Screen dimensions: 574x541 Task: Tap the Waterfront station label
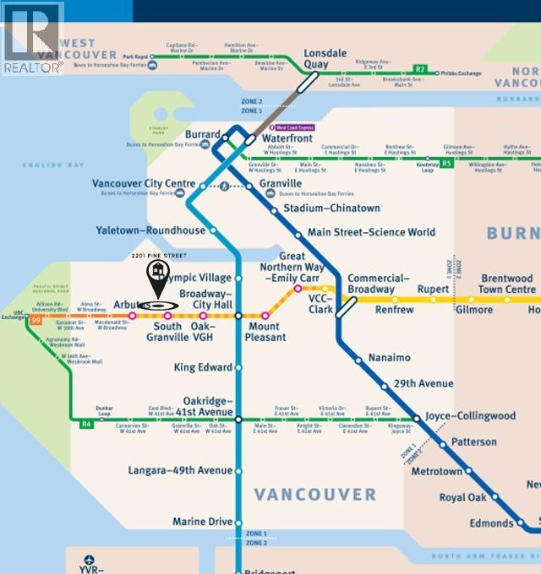click(287, 138)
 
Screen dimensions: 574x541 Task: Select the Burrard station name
click(203, 134)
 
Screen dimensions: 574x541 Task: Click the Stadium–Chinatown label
click(331, 208)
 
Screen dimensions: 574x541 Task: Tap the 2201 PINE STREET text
click(159, 255)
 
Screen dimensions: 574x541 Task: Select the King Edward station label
click(202, 368)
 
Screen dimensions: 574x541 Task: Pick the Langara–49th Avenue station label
click(180, 470)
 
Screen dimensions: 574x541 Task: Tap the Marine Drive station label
click(202, 522)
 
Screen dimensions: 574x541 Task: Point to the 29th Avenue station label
click(424, 383)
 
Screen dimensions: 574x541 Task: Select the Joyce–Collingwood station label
click(469, 416)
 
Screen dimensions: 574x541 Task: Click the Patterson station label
click(473, 442)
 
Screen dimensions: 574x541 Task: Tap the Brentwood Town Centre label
click(507, 284)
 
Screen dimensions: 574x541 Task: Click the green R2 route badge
click(420, 68)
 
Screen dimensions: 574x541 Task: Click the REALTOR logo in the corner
click(32, 38)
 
